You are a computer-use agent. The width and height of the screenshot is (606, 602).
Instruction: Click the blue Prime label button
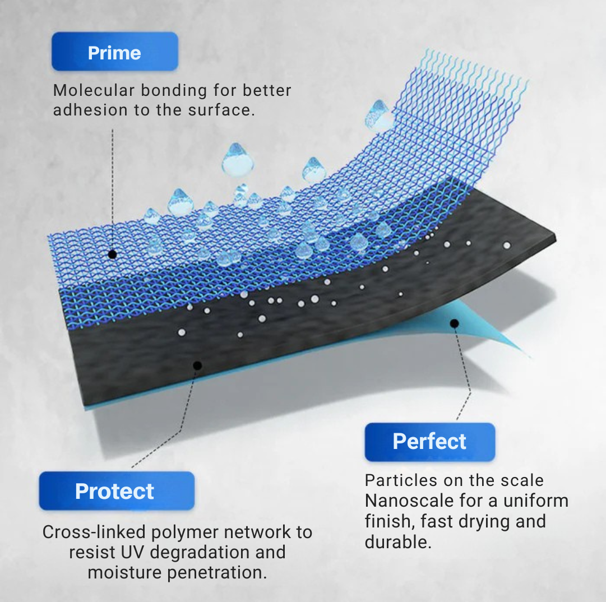tap(114, 52)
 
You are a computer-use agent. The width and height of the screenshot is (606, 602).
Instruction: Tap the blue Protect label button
tap(117, 490)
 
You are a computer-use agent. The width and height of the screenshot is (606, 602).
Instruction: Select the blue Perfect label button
tap(429, 441)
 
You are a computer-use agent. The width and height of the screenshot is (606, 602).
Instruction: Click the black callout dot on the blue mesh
tap(112, 254)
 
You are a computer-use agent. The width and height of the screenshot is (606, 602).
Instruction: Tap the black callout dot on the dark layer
tap(197, 365)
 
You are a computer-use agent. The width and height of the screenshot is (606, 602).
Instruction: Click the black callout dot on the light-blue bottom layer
tap(455, 323)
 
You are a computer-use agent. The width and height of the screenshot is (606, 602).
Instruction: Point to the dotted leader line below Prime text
tap(113, 185)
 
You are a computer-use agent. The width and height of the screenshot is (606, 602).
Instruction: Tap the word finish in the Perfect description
tap(385, 521)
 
